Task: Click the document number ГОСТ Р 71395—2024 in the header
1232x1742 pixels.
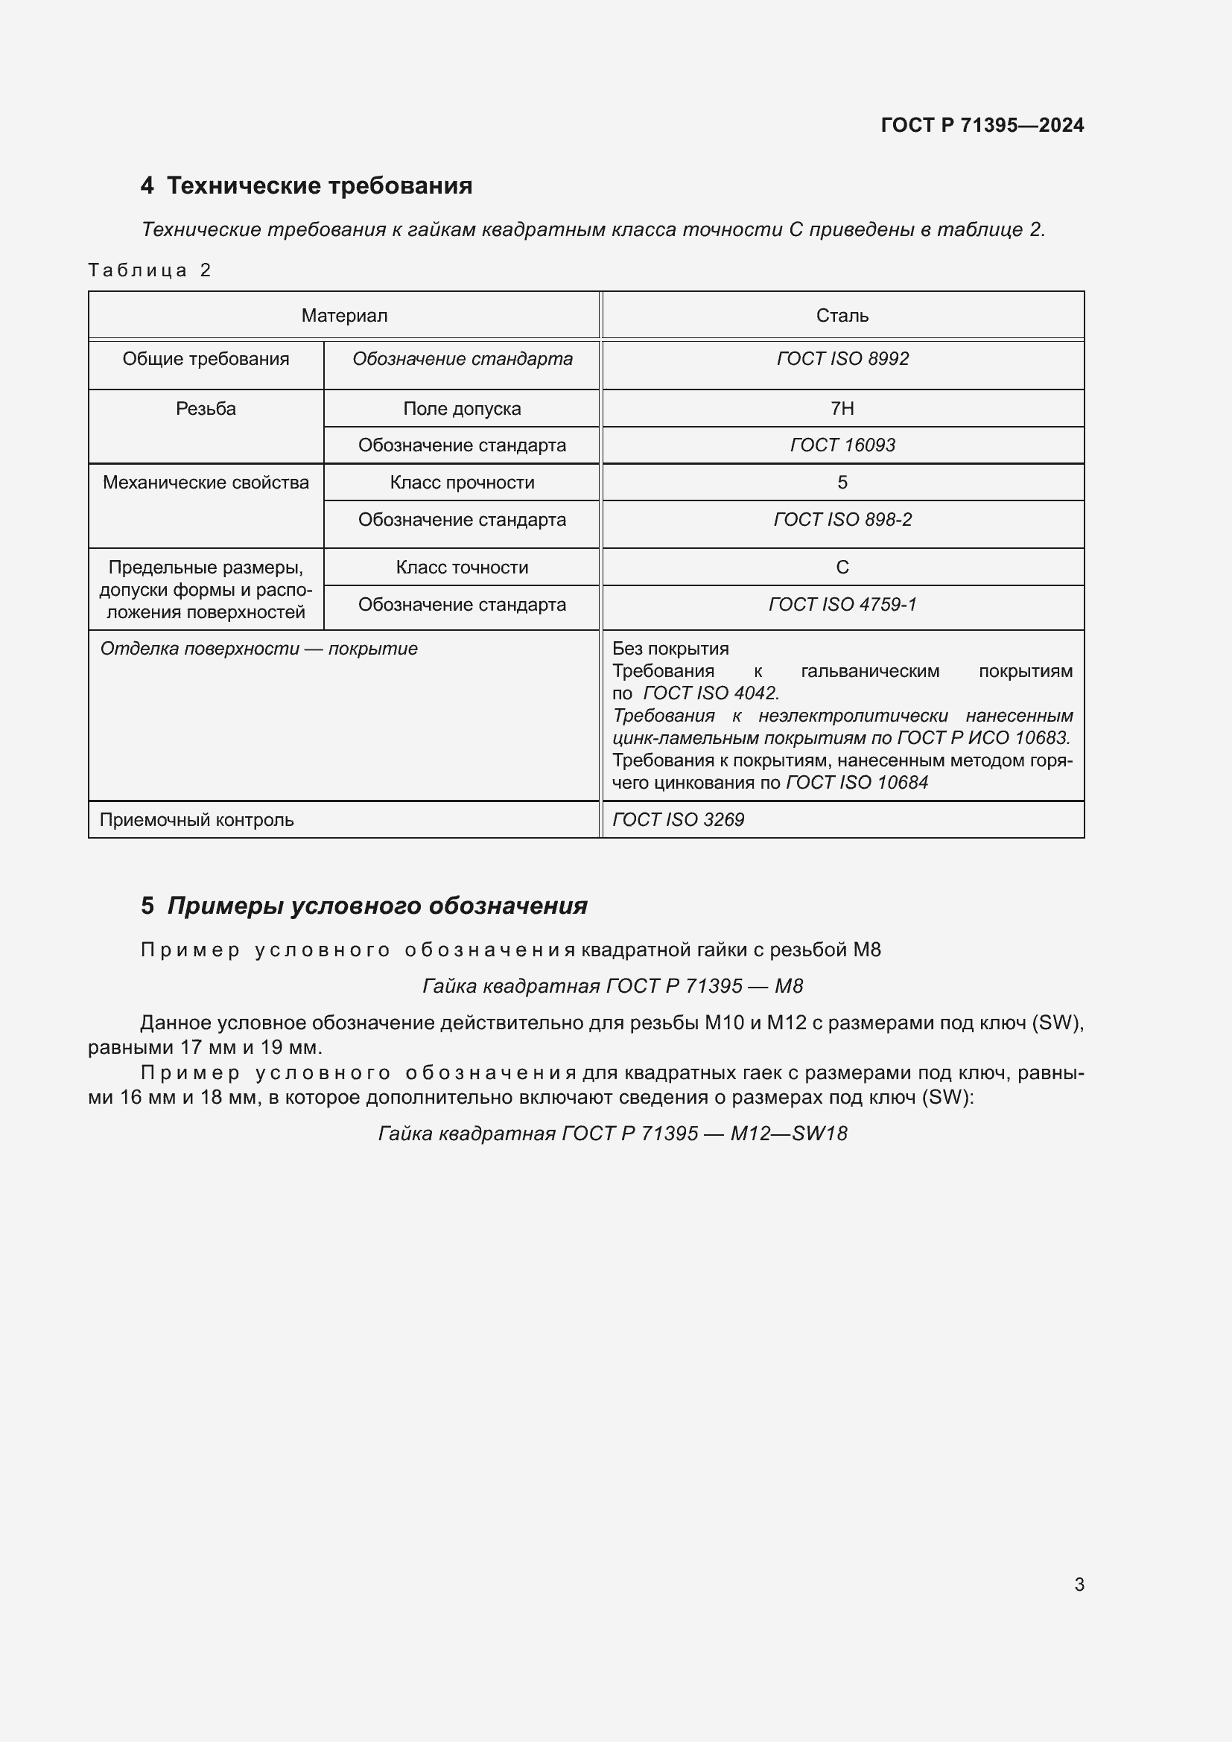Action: (982, 125)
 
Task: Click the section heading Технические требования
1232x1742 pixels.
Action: (319, 185)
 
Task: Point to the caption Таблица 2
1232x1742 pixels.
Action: (149, 270)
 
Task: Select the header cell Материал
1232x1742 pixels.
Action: (344, 316)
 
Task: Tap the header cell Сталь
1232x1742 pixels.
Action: (842, 316)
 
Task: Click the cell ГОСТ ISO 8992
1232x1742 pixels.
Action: (842, 359)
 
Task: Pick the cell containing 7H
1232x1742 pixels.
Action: (842, 409)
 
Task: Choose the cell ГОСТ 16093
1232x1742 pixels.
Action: (842, 445)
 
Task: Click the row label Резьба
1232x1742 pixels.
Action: (206, 409)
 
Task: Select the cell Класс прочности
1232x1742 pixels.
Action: (462, 483)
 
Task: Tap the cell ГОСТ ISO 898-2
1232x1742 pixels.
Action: (842, 520)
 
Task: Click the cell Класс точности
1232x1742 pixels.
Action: (462, 568)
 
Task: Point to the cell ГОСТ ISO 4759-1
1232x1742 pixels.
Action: (842, 605)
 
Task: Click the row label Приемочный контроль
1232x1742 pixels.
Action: (197, 820)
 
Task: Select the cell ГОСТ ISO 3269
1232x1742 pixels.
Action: (679, 820)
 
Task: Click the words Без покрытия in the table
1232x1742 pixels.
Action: (670, 649)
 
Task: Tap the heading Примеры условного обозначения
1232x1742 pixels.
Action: (377, 906)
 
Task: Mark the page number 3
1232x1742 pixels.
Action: (1079, 1584)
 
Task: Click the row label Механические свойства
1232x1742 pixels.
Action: (206, 483)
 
